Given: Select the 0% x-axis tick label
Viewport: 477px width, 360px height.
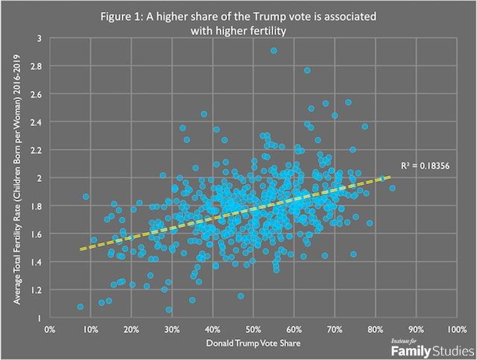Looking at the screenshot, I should pos(50,328).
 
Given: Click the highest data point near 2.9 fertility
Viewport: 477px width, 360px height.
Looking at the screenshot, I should pos(274,51).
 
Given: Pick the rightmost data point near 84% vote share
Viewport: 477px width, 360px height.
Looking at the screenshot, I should pos(392,188).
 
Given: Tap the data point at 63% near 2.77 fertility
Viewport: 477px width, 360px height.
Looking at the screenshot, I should pos(306,71).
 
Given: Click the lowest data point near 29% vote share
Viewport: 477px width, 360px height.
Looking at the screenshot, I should pos(168,309).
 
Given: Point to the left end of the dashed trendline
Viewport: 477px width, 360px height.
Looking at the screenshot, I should pos(80,250).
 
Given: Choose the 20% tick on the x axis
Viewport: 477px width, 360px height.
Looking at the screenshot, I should pos(131,328).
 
